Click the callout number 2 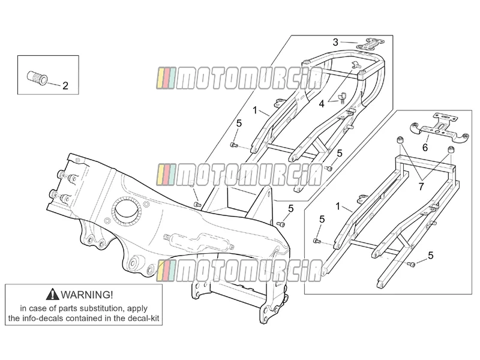65,86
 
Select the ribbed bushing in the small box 37,77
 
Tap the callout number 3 335,42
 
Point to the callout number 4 322,104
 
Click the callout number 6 425,148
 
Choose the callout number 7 421,187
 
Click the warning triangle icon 53,294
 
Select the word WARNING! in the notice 87,295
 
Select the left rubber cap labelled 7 400,140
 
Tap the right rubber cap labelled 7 451,149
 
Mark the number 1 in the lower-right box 338,206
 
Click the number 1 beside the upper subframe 255,110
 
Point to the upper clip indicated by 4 356,65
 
